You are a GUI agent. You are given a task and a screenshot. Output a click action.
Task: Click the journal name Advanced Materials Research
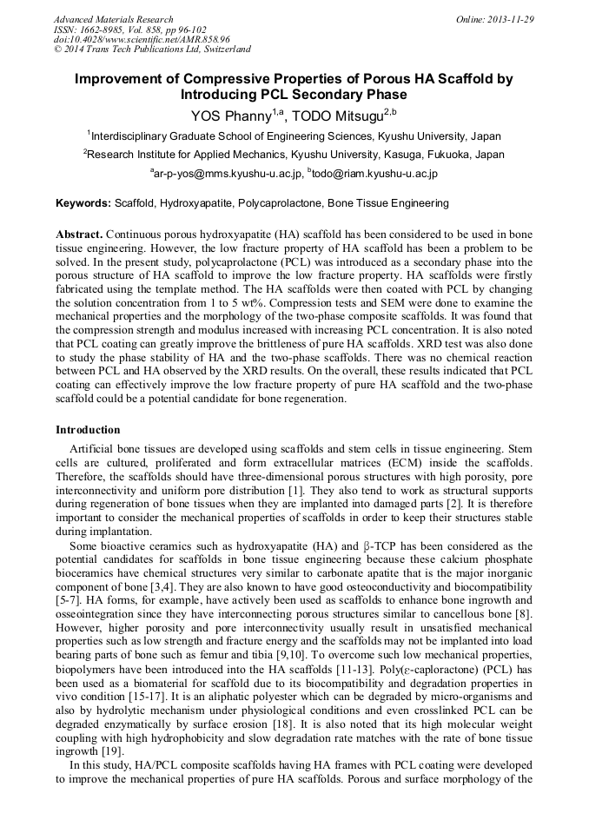113,19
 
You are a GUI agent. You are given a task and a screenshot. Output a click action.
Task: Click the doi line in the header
142,39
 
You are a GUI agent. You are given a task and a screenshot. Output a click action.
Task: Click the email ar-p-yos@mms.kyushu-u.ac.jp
226,174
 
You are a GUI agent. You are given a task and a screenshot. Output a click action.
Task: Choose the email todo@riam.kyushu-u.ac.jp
372,174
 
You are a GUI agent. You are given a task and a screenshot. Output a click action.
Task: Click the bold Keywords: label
83,203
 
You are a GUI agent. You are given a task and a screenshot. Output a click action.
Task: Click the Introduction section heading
88,429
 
